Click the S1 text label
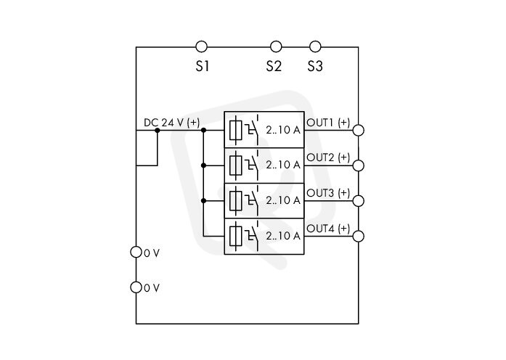pos(203,66)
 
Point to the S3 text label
pos(315,66)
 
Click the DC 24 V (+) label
pos(171,123)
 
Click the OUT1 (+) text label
pos(328,123)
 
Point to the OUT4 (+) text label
pos(328,229)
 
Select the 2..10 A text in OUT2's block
pos(283,165)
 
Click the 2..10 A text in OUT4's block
pos(283,236)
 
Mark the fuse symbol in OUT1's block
pos(236,130)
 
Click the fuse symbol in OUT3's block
pos(236,200)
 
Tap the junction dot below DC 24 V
pos(158,131)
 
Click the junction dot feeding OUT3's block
pos(203,200)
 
